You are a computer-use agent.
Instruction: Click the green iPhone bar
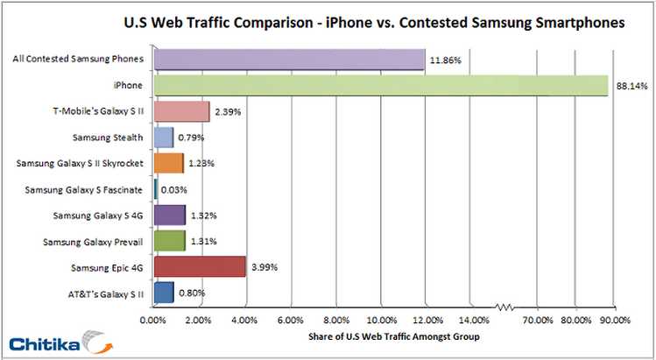[380, 86]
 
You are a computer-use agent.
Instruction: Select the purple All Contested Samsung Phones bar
[288, 60]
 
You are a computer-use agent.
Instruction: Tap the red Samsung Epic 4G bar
[199, 266]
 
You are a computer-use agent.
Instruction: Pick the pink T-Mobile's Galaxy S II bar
[181, 112]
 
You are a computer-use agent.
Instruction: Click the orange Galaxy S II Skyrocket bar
[168, 164]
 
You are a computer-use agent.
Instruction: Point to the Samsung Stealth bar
[163, 138]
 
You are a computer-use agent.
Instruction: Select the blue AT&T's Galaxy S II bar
[163, 293]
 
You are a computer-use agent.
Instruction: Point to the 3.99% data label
[265, 267]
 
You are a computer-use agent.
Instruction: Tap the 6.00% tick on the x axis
[291, 320]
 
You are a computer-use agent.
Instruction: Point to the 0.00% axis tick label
[153, 320]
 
